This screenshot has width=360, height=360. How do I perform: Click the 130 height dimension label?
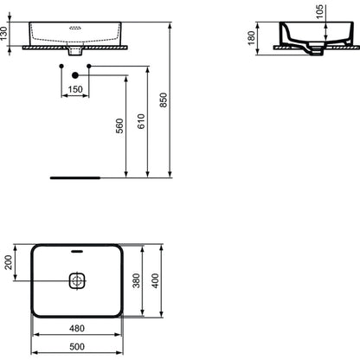tap(3, 34)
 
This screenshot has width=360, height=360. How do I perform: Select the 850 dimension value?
tap(164, 100)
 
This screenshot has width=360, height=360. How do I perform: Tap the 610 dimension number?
tap(141, 121)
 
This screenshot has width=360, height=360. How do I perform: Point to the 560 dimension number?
tap(119, 125)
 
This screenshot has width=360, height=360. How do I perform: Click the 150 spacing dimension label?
tap(75, 89)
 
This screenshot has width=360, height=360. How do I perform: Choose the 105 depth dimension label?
tap(319, 12)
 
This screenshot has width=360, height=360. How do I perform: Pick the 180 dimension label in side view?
tap(252, 38)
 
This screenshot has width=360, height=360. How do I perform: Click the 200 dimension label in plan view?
tap(9, 262)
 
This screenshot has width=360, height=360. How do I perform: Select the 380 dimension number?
tap(136, 280)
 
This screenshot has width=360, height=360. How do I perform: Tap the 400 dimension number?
tap(155, 281)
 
